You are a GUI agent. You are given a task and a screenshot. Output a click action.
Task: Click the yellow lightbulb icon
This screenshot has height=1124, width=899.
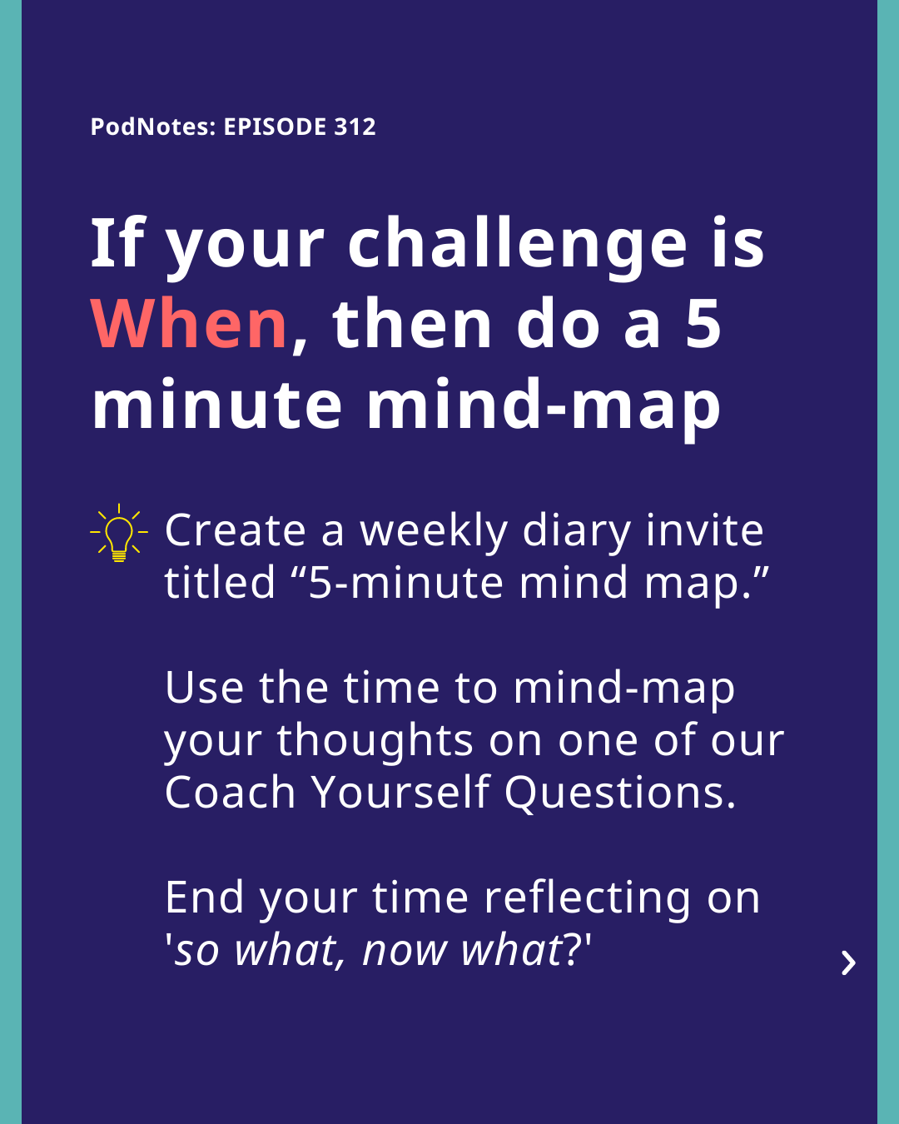coord(118,533)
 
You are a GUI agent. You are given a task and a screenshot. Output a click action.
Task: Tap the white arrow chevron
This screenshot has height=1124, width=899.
coord(849,963)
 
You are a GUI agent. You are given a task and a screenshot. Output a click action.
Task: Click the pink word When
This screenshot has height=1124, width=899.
coord(189,323)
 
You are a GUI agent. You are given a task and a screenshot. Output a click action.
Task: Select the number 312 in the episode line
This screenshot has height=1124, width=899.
coord(355,127)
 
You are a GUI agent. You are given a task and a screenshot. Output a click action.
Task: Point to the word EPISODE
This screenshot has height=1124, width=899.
coord(275,127)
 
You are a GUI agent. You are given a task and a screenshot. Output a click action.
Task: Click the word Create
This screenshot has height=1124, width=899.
coord(235,530)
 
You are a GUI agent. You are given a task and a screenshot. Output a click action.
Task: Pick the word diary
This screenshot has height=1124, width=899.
coord(576,533)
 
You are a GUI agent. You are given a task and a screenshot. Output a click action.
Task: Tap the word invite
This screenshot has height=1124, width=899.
coord(705,530)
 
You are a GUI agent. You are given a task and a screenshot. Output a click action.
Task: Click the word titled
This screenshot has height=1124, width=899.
coord(220,582)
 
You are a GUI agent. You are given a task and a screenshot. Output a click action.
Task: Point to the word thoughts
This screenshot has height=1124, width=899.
coord(375,742)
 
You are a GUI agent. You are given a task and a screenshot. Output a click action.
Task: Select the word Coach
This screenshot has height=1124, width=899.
coord(230,792)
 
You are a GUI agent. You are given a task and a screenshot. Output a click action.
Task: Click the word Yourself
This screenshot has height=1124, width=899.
coord(400,792)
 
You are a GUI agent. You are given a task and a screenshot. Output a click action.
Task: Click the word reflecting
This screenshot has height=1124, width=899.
coord(589,899)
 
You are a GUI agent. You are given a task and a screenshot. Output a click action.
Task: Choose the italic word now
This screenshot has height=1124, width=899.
coord(404,952)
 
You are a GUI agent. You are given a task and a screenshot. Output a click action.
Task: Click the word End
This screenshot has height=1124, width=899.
coord(204,898)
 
